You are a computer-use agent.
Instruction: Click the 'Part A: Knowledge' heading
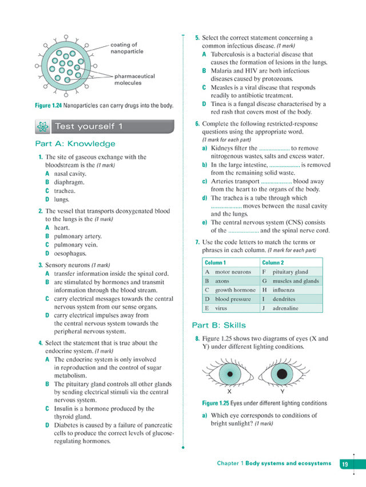[75, 144]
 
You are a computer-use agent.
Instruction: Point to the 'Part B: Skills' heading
[218, 325]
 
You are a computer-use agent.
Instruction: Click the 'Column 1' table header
[215, 263]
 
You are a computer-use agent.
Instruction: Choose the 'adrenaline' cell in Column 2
[285, 308]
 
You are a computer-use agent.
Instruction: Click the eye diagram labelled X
[229, 375]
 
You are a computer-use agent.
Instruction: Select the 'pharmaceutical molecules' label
[135, 79]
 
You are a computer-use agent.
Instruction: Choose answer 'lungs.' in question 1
[61, 199]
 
